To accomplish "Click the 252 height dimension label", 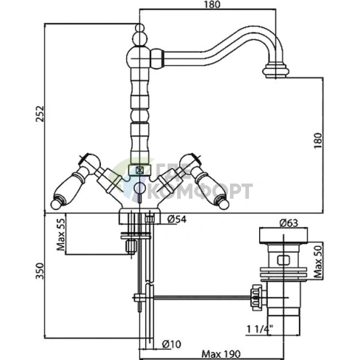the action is [40, 113].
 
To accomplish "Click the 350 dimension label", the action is [40, 271].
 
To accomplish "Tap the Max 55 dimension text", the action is [61, 234].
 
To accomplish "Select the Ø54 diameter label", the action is [177, 219].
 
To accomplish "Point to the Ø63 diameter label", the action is [289, 223].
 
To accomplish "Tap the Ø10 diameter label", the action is [171, 344].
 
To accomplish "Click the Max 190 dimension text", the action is [221, 354].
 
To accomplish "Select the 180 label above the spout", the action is [212, 4].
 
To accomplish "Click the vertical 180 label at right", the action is [318, 141].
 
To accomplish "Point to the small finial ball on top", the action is [139, 28].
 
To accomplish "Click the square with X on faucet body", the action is [139, 171].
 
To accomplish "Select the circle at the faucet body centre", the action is [139, 188].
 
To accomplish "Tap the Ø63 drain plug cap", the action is [283, 236].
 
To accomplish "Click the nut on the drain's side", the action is [256, 298].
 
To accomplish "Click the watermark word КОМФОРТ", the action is [200, 191].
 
